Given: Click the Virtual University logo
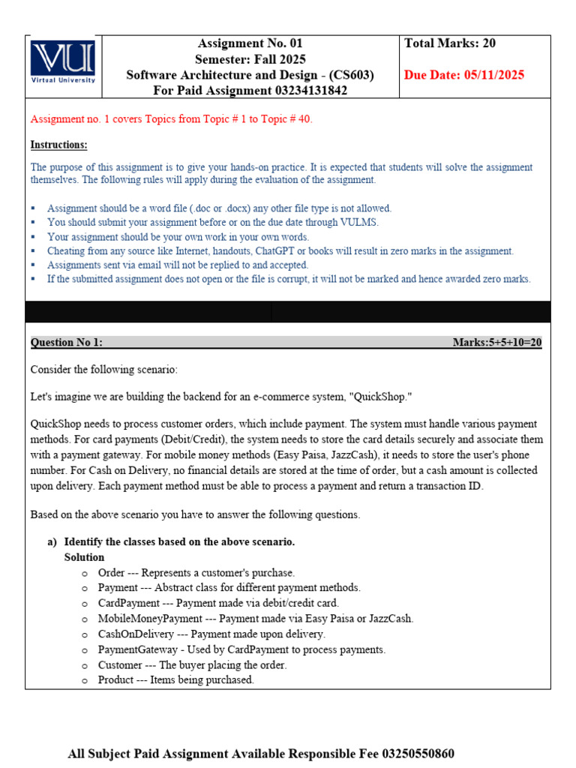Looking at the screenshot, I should click(x=62, y=61).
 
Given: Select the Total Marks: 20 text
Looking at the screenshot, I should click(x=450, y=43).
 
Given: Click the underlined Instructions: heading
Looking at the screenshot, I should click(x=58, y=145).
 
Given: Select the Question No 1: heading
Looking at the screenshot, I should click(x=66, y=343).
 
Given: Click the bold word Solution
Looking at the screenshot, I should click(x=84, y=557).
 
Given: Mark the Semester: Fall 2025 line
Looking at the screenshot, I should click(x=250, y=59).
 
